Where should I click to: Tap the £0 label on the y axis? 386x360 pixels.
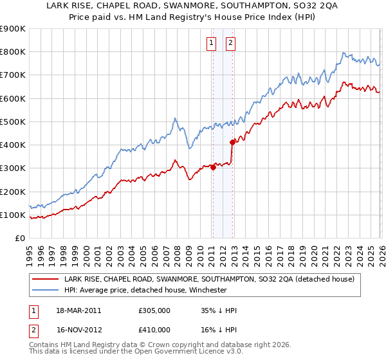[19, 239]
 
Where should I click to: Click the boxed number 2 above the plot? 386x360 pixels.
[230, 43]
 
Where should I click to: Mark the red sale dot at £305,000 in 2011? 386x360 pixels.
[213, 168]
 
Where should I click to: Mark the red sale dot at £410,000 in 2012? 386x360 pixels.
[232, 143]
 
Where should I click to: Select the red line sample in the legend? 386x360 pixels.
[46, 279]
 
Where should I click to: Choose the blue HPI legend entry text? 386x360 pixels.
[154, 289]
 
